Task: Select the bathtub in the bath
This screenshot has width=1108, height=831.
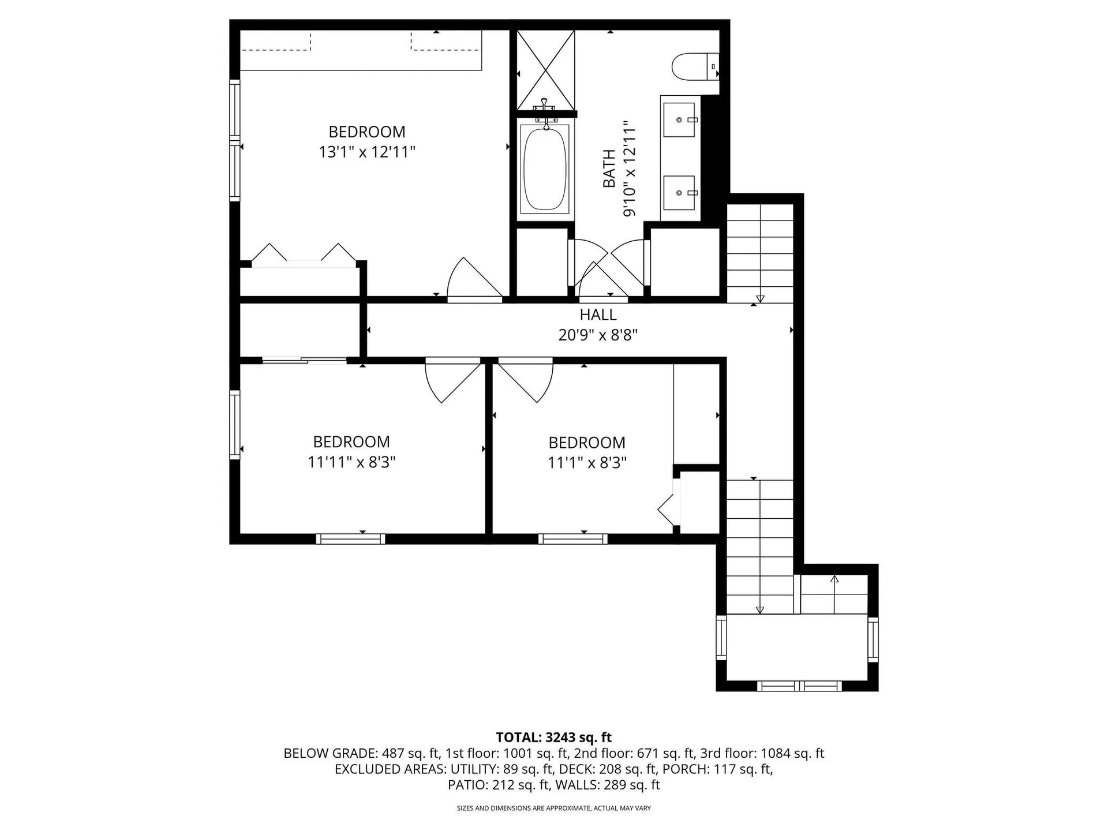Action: [544, 169]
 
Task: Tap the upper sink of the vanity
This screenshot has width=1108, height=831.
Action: [679, 119]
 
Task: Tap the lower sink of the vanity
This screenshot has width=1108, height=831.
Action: [679, 192]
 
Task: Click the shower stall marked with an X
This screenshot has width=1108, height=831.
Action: [545, 70]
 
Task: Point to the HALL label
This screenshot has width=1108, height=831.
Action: [598, 315]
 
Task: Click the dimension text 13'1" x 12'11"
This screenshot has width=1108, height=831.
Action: [367, 152]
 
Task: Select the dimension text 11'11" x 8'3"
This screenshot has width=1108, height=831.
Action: [351, 462]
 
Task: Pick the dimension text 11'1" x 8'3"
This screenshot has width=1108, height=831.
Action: [587, 463]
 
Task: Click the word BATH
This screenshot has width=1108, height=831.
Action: [609, 169]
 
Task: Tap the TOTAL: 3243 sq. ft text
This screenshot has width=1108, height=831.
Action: [553, 737]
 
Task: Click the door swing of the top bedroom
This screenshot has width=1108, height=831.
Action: [473, 280]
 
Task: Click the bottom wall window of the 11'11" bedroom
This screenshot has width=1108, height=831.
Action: [350, 539]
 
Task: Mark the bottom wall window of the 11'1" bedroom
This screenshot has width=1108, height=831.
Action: [572, 539]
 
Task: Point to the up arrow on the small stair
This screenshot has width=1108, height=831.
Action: [834, 579]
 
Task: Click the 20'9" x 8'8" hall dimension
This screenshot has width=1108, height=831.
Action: [598, 335]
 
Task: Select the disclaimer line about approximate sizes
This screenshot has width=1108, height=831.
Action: [553, 808]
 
